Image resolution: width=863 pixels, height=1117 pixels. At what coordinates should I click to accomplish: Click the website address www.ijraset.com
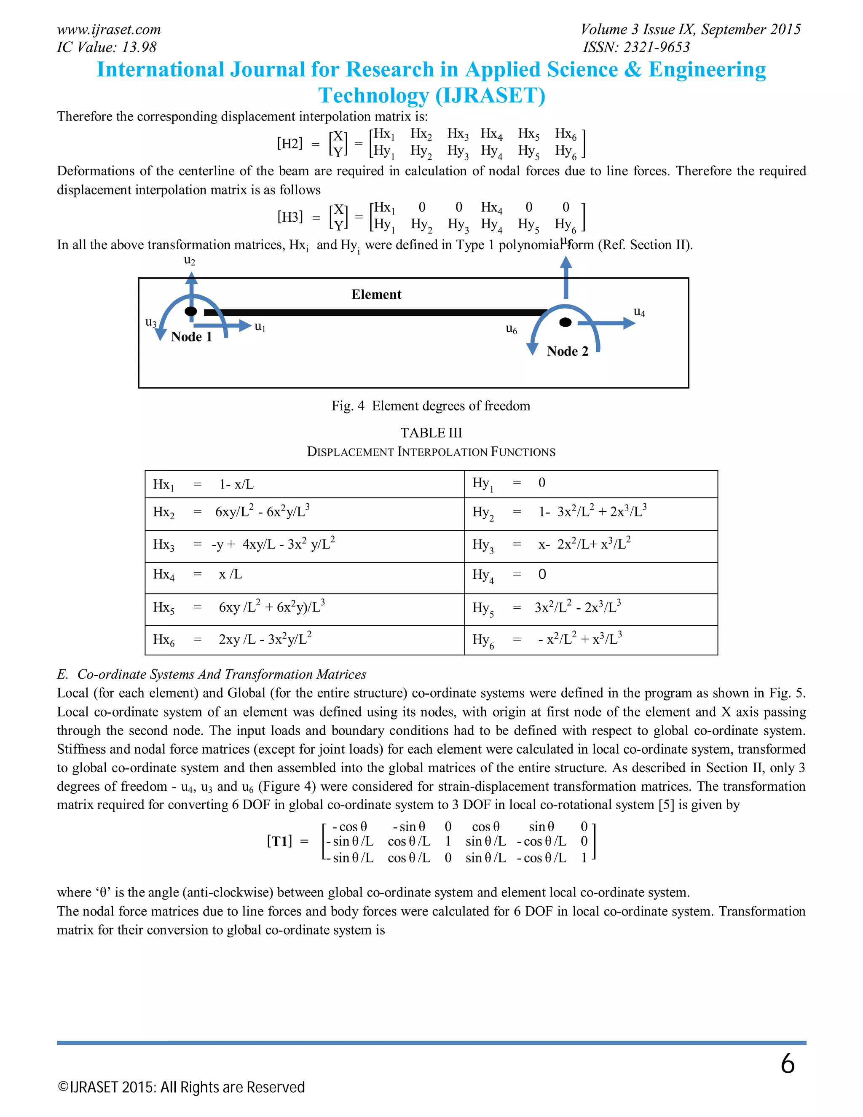tap(109, 30)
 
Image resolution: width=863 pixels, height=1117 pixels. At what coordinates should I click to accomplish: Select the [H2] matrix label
tap(290, 143)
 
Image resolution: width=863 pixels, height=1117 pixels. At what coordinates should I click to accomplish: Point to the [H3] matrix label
tap(290, 217)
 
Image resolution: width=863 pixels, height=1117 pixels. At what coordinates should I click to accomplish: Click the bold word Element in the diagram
tap(376, 295)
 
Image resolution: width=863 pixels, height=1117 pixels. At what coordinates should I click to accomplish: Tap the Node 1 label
tap(191, 336)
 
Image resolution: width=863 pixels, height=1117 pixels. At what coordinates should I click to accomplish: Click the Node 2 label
tap(568, 352)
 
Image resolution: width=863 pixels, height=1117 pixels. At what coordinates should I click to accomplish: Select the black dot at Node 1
tap(191, 311)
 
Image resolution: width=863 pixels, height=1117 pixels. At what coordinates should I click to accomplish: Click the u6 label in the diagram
tap(511, 329)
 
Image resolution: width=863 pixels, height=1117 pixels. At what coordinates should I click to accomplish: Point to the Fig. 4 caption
tap(431, 405)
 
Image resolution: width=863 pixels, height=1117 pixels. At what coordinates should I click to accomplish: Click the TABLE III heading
tap(431, 433)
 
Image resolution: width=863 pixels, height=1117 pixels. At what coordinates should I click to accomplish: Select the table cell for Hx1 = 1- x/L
tap(304, 484)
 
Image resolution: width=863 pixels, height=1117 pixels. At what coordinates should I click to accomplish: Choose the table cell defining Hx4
tap(304, 577)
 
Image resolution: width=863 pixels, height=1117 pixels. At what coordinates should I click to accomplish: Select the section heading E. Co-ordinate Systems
tap(212, 674)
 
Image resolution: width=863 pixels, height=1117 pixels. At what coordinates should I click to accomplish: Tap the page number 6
tap(787, 1064)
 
